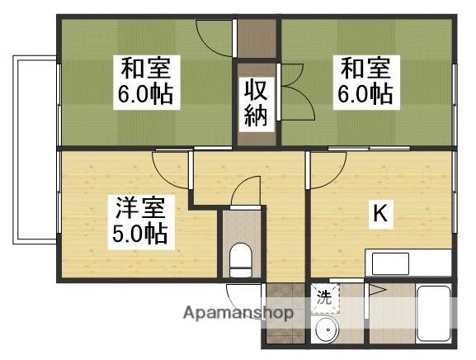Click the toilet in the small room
click(241, 258)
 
